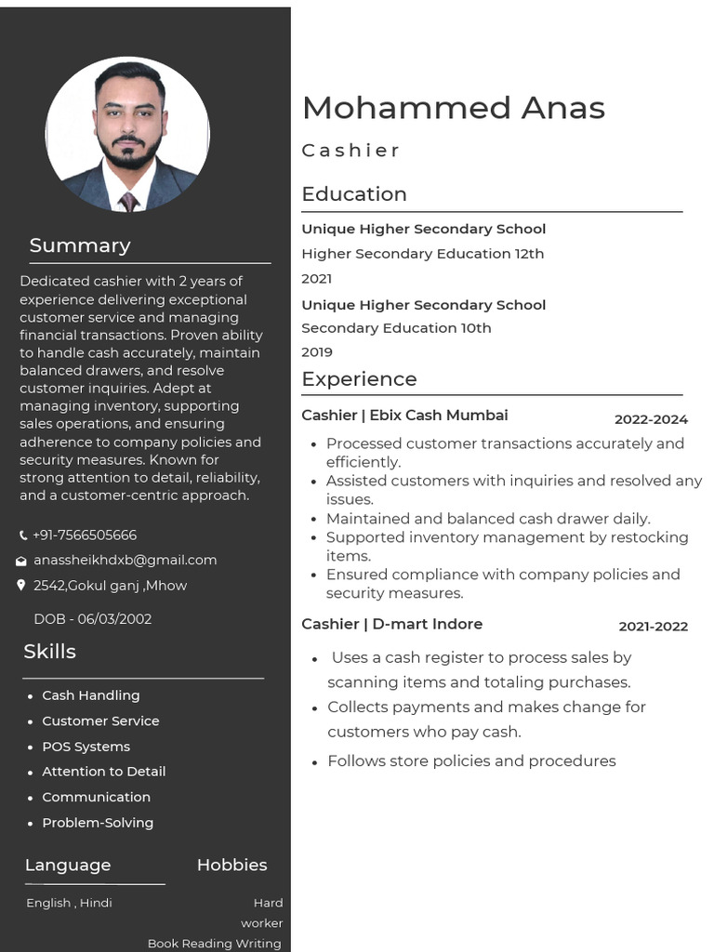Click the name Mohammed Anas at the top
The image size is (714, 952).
pos(454,108)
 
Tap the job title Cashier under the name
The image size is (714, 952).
pos(350,151)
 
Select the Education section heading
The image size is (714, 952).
pos(354,194)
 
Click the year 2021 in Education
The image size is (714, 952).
pos(316,278)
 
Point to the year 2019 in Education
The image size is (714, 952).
pos(316,352)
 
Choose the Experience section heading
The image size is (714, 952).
pos(359,379)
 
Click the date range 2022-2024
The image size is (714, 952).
pos(651,419)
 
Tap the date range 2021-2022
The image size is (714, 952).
pos(653,627)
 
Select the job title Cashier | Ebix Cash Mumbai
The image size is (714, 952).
pos(404,416)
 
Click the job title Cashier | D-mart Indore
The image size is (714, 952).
pos(391,624)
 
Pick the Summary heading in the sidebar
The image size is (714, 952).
pos(80,245)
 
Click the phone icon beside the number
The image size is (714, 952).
pos(23,535)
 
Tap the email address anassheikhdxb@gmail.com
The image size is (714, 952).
pos(125,560)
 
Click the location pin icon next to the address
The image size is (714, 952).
pos(21,586)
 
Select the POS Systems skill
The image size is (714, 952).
pos(86,747)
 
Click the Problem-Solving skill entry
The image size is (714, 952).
pos(98,823)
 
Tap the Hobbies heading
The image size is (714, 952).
pos(231,865)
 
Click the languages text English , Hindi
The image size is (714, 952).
pos(69,903)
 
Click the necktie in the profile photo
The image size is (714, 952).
pos(128,200)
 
